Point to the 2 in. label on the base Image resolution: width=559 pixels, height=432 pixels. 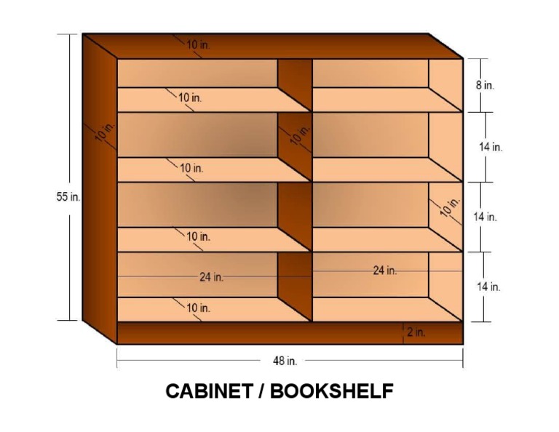point(416,332)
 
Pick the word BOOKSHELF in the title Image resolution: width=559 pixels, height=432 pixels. point(332,391)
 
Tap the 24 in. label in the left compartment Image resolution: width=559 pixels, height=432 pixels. point(211,277)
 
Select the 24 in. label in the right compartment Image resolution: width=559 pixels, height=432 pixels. point(385,271)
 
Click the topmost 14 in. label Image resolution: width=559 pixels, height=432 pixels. point(490,147)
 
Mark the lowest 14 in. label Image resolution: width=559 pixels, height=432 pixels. point(488,287)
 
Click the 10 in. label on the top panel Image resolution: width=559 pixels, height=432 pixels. point(198,45)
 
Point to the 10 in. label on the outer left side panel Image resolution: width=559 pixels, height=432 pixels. point(103,133)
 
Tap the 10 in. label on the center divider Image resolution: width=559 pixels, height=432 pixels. point(299,135)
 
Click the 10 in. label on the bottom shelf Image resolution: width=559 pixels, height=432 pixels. point(198,308)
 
